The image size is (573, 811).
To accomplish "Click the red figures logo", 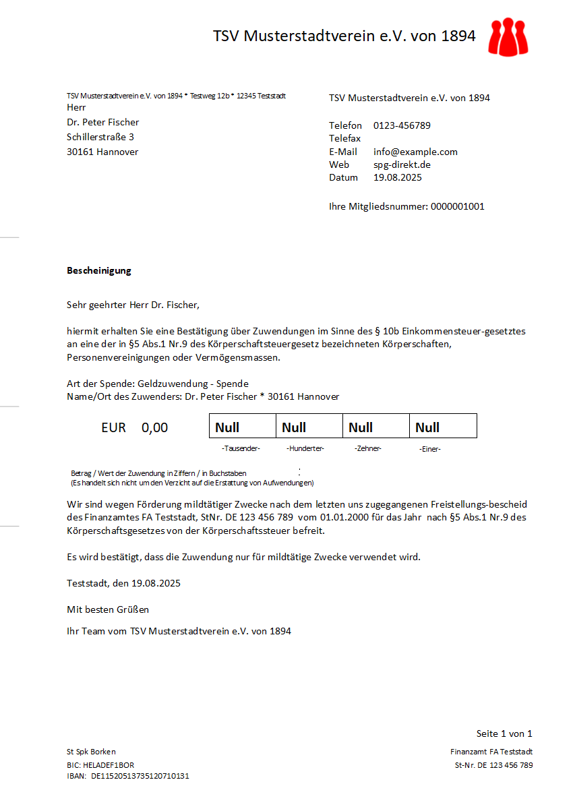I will tap(509, 37).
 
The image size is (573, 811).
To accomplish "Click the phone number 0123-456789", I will tap(402, 125).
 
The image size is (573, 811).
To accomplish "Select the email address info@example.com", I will tap(415, 152).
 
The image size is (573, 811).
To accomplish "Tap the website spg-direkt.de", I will tap(402, 164).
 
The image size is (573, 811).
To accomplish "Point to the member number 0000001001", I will tap(457, 206).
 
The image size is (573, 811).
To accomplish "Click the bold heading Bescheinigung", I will tap(99, 270).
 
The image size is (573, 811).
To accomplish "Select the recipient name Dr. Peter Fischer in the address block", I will tap(103, 122).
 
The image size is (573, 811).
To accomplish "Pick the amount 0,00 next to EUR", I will tap(154, 427).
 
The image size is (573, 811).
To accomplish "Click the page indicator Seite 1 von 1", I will tap(504, 733).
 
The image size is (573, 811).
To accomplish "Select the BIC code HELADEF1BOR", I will tap(109, 765).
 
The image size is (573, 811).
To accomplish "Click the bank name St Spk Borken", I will tap(91, 752).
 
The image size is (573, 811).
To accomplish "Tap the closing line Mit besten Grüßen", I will tap(108, 609).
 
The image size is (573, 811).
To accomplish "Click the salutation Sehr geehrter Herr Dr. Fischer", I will tap(133, 305).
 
